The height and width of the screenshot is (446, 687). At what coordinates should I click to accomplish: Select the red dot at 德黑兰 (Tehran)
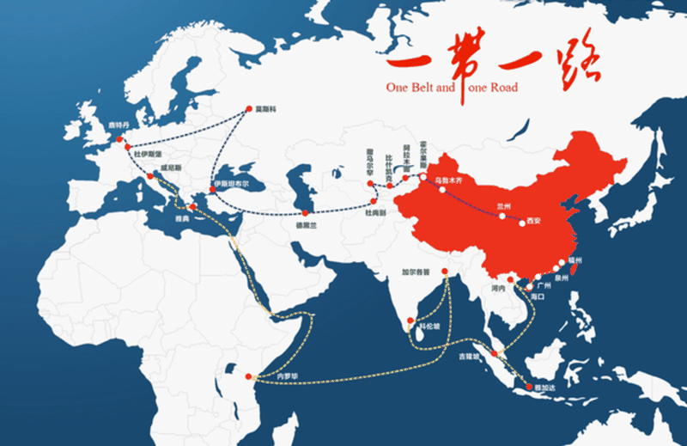[304, 212]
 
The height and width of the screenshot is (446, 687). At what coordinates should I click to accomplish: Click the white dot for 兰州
[503, 215]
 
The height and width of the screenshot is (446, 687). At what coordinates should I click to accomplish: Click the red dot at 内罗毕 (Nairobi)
[249, 376]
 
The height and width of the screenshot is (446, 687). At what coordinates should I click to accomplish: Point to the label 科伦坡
[428, 327]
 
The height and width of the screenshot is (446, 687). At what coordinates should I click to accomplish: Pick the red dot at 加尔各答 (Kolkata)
[445, 274]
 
